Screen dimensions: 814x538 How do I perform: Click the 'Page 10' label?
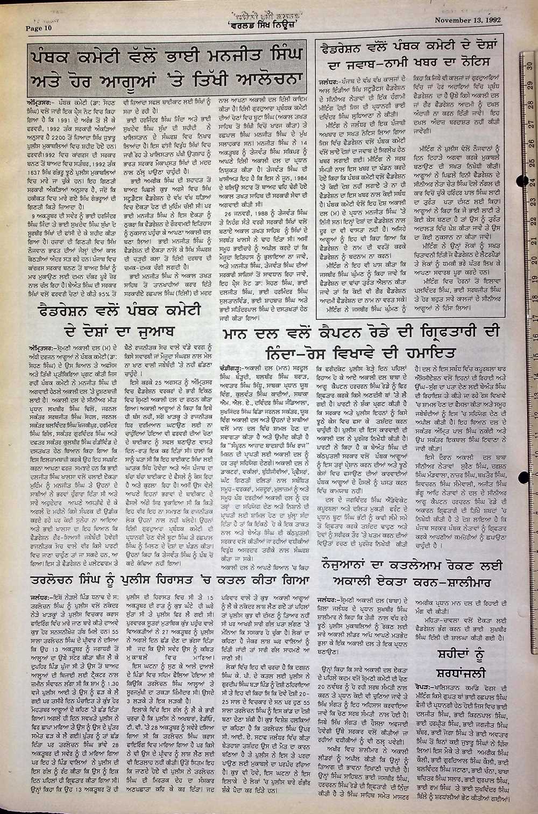click(x=39, y=28)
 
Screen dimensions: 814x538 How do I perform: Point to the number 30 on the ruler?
click(x=530, y=65)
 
